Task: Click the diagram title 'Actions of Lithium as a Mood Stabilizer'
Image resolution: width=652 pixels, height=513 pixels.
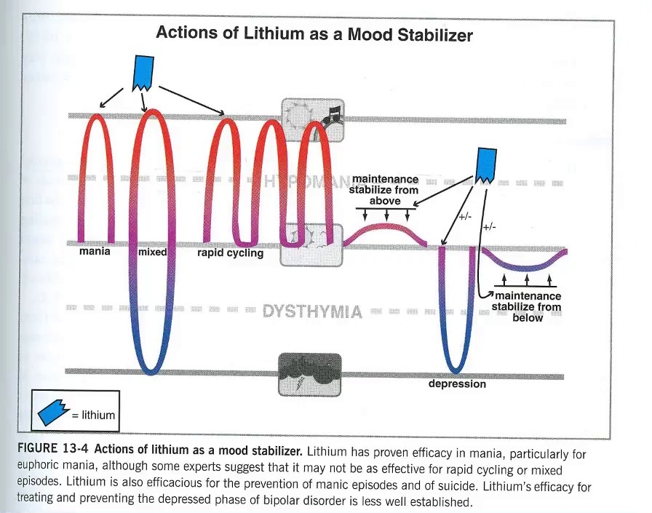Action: pyautogui.click(x=315, y=33)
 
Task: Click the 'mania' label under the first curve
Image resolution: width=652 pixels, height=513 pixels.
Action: pyautogui.click(x=95, y=252)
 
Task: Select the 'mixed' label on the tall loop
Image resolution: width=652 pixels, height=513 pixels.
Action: pyautogui.click(x=152, y=252)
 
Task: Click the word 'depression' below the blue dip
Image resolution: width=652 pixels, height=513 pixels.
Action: pyautogui.click(x=457, y=383)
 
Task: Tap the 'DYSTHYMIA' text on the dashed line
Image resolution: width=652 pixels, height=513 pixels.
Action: pyautogui.click(x=312, y=311)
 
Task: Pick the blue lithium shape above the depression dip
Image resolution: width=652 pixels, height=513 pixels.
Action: pyautogui.click(x=486, y=164)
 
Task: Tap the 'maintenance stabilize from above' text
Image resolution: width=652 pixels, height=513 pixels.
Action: pyautogui.click(x=385, y=190)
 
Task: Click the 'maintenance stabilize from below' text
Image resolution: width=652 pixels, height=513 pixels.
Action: pyautogui.click(x=528, y=306)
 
